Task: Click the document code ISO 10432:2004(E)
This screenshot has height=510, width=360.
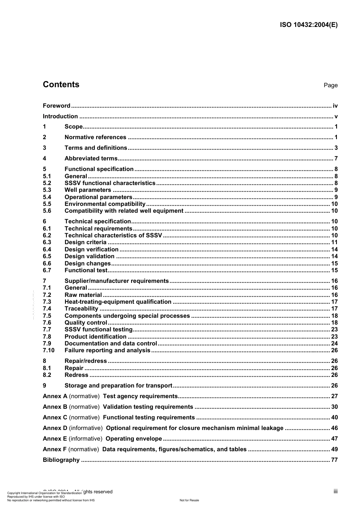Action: tap(308, 25)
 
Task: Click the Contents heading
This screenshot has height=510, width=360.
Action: tap(61, 85)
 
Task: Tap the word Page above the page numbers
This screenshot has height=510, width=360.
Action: tap(330, 85)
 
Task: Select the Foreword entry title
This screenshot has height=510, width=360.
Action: tap(56, 106)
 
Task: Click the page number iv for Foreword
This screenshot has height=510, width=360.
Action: tap(335, 106)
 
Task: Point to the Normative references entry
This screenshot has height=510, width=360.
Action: tap(95, 137)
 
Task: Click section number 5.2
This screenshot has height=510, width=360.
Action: tap(47, 183)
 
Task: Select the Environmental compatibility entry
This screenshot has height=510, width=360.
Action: tap(105, 204)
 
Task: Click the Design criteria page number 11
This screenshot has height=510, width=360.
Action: tap(334, 242)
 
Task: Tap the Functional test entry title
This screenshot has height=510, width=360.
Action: tap(86, 270)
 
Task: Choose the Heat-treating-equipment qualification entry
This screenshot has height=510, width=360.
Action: tap(118, 302)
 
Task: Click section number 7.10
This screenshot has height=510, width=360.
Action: tap(49, 350)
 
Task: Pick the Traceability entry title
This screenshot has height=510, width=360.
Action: tap(81, 309)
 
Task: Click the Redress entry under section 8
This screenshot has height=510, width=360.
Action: tap(76, 375)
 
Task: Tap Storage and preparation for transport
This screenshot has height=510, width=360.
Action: tap(118, 386)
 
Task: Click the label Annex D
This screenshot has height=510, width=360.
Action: tap(55, 428)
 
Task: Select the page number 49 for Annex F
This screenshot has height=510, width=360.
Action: tap(334, 449)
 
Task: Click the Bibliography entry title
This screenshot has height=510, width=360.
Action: tap(61, 460)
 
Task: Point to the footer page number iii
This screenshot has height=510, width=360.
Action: tap(335, 491)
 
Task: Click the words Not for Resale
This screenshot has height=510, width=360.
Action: tap(189, 500)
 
